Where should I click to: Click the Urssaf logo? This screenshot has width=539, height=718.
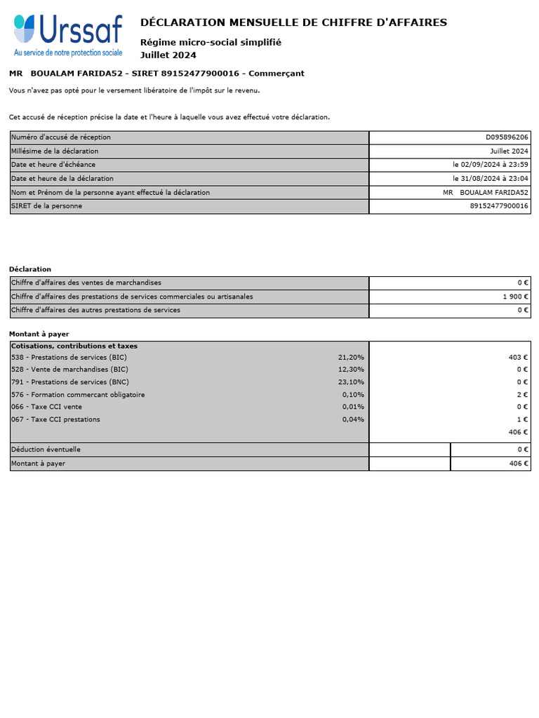[68, 31]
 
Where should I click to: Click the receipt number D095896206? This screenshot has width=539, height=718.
[507, 137]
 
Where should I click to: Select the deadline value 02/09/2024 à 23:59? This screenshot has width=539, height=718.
[491, 165]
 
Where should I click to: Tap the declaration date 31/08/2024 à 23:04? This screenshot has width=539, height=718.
[491, 179]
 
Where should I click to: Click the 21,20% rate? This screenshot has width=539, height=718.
[351, 358]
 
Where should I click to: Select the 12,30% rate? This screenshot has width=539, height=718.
[351, 370]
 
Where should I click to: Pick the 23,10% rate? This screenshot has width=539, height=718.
[351, 382]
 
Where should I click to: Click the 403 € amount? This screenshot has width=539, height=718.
[518, 358]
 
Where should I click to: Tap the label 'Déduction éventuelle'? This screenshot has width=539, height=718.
[46, 449]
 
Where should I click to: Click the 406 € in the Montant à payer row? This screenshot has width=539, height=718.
[518, 463]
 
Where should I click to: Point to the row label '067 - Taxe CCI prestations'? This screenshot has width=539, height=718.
[55, 420]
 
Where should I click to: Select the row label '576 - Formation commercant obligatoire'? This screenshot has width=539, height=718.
[78, 395]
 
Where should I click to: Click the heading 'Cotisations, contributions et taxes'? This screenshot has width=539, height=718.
[74, 346]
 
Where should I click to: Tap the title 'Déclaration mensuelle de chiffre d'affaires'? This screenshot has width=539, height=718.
[293, 22]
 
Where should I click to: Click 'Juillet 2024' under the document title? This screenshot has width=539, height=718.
[168, 55]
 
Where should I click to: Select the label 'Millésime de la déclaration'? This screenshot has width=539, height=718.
[55, 151]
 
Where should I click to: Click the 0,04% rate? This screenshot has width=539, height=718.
[353, 420]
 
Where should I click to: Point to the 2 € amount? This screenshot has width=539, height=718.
[523, 395]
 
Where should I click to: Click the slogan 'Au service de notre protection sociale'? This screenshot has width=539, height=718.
[68, 53]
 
